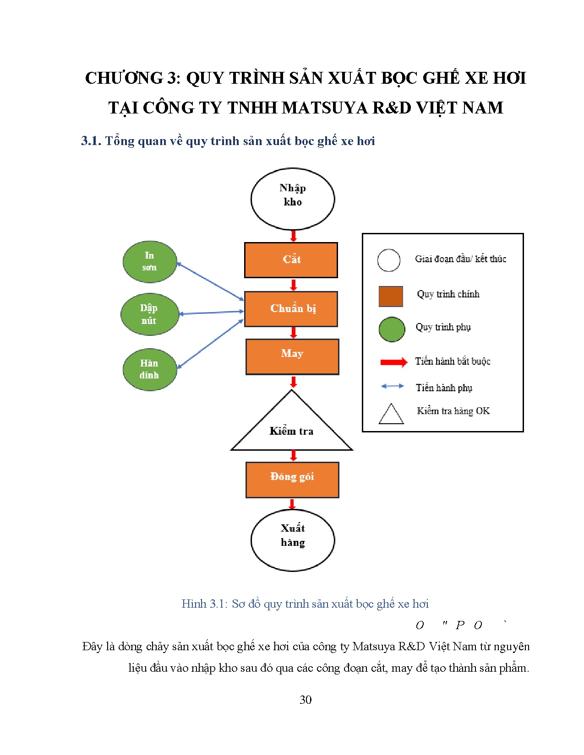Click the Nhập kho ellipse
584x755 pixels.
293,199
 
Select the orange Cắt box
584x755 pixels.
291,260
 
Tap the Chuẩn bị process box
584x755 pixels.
291,309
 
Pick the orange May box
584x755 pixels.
292,356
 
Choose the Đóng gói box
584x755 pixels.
292,480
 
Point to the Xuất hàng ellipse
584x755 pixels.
293,540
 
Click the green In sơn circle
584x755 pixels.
150,262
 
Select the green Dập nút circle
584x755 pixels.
149,314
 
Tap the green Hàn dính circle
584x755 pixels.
150,369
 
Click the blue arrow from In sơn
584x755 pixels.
210,281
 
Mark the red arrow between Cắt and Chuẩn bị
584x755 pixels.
294,285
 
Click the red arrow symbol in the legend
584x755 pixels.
393,362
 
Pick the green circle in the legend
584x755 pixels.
392,329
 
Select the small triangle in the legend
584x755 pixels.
391,415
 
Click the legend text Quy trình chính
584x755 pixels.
448,294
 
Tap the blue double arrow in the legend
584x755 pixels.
393,386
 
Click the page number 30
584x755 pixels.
306,700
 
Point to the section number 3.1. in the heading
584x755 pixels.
91,141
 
